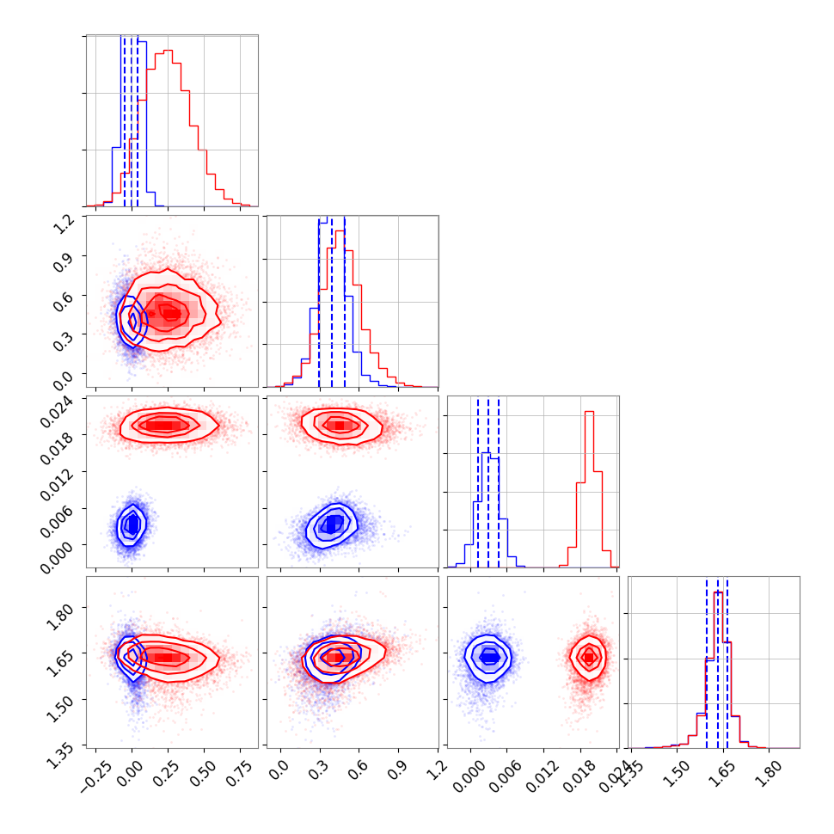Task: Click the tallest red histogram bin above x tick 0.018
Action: point(589,413)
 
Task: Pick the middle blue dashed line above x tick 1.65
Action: point(717,662)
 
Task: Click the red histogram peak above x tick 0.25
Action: point(168,51)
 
